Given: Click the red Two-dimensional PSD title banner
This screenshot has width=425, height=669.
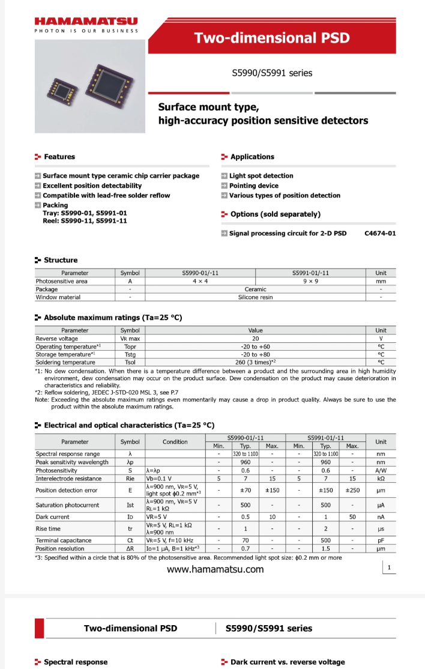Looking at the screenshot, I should pyautogui.click(x=271, y=38).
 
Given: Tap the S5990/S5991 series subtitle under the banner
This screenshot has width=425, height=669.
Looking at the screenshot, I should pyautogui.click(x=272, y=73).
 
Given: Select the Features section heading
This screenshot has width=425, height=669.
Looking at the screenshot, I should pyautogui.click(x=59, y=157).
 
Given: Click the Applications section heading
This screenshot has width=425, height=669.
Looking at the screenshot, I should pyautogui.click(x=252, y=157).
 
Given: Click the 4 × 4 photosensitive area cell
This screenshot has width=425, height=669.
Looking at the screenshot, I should pyautogui.click(x=200, y=281).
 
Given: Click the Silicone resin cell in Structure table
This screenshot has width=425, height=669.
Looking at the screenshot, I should pyautogui.click(x=255, y=297).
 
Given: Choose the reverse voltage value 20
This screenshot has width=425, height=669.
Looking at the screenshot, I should pyautogui.click(x=255, y=339).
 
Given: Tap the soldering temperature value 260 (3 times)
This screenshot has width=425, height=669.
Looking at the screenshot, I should pyautogui.click(x=255, y=362).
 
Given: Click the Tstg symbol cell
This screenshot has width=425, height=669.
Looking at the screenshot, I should pyautogui.click(x=130, y=354).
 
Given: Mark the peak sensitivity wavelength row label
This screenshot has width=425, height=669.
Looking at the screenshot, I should pyautogui.click(x=72, y=462).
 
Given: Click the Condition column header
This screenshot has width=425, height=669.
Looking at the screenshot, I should pyautogui.click(x=175, y=441).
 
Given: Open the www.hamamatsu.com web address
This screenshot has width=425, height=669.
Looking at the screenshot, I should pyautogui.click(x=215, y=569).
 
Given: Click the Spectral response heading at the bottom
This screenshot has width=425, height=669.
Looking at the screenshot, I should pyautogui.click(x=76, y=662).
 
